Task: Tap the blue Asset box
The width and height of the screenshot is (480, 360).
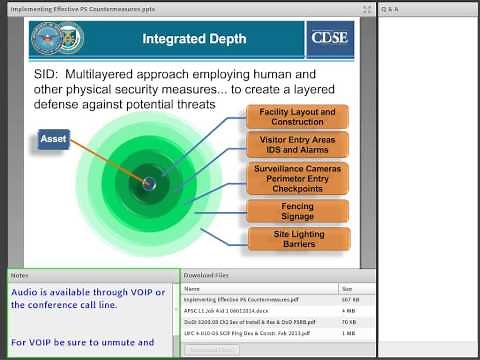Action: (x=53, y=140)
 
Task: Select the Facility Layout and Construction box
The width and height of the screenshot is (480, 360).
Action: (x=297, y=116)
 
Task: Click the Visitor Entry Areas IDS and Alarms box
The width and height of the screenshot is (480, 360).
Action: (x=297, y=145)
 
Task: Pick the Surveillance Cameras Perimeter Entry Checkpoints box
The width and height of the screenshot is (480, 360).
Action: (x=297, y=178)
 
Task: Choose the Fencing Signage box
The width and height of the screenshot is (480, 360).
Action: (x=297, y=210)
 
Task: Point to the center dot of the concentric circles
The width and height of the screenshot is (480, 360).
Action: (x=149, y=183)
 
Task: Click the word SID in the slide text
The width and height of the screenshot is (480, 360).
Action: (x=51, y=75)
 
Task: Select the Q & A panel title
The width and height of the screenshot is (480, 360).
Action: (x=390, y=9)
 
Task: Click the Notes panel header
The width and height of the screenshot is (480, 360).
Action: (x=20, y=274)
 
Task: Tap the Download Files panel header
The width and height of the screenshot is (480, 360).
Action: (x=207, y=274)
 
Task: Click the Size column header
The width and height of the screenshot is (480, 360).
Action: (x=347, y=288)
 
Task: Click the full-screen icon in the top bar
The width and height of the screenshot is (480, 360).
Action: (x=367, y=9)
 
